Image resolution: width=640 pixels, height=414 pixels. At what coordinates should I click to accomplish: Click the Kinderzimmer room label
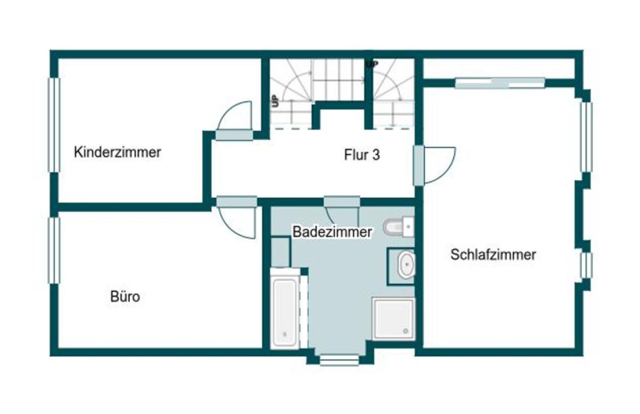point(117,152)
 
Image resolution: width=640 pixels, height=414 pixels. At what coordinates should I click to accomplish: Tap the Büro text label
point(125,297)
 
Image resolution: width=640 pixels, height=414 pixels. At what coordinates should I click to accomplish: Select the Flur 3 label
point(362,155)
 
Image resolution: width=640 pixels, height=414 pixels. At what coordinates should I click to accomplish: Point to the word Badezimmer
point(332,232)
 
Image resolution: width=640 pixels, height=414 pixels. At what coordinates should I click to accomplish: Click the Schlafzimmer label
point(493,255)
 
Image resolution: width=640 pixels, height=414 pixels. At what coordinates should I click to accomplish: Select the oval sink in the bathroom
point(406,265)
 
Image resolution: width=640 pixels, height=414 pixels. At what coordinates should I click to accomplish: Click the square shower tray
point(393,318)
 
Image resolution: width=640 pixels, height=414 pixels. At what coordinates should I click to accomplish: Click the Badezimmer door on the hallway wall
point(342,202)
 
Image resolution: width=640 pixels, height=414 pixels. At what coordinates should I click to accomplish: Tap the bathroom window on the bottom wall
point(339,360)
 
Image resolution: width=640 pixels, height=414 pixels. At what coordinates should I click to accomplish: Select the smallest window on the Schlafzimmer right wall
point(586,265)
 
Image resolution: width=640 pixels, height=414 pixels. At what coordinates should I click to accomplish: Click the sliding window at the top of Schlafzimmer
point(500,83)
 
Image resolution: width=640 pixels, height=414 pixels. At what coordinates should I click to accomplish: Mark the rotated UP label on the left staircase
point(275,101)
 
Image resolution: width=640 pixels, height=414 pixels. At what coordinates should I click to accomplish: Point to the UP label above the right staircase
point(372,64)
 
